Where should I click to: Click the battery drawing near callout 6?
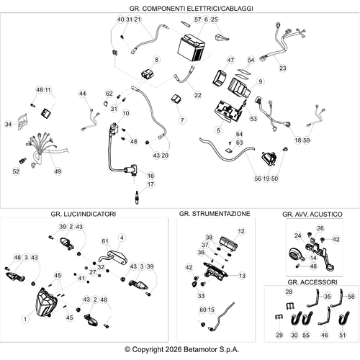[x=191, y=49]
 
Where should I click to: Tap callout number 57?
[x=197, y=19]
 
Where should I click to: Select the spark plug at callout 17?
[x=137, y=198]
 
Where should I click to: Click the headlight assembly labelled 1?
[x=46, y=303]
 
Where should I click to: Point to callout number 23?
[x=283, y=68]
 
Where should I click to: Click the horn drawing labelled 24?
[x=296, y=255]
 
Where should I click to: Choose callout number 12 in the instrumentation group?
[x=241, y=231]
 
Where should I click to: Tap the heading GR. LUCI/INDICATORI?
[x=84, y=214]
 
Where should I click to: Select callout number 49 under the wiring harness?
[x=58, y=171]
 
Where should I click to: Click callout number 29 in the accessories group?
[x=279, y=335]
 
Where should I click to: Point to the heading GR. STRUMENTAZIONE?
[x=215, y=214]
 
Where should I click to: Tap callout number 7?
[x=182, y=120]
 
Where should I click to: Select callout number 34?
[x=8, y=124]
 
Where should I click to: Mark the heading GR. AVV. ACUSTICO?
[x=312, y=215]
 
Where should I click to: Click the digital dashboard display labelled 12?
[x=228, y=243]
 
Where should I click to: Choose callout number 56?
[x=258, y=179]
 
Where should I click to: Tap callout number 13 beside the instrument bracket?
[x=242, y=276]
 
